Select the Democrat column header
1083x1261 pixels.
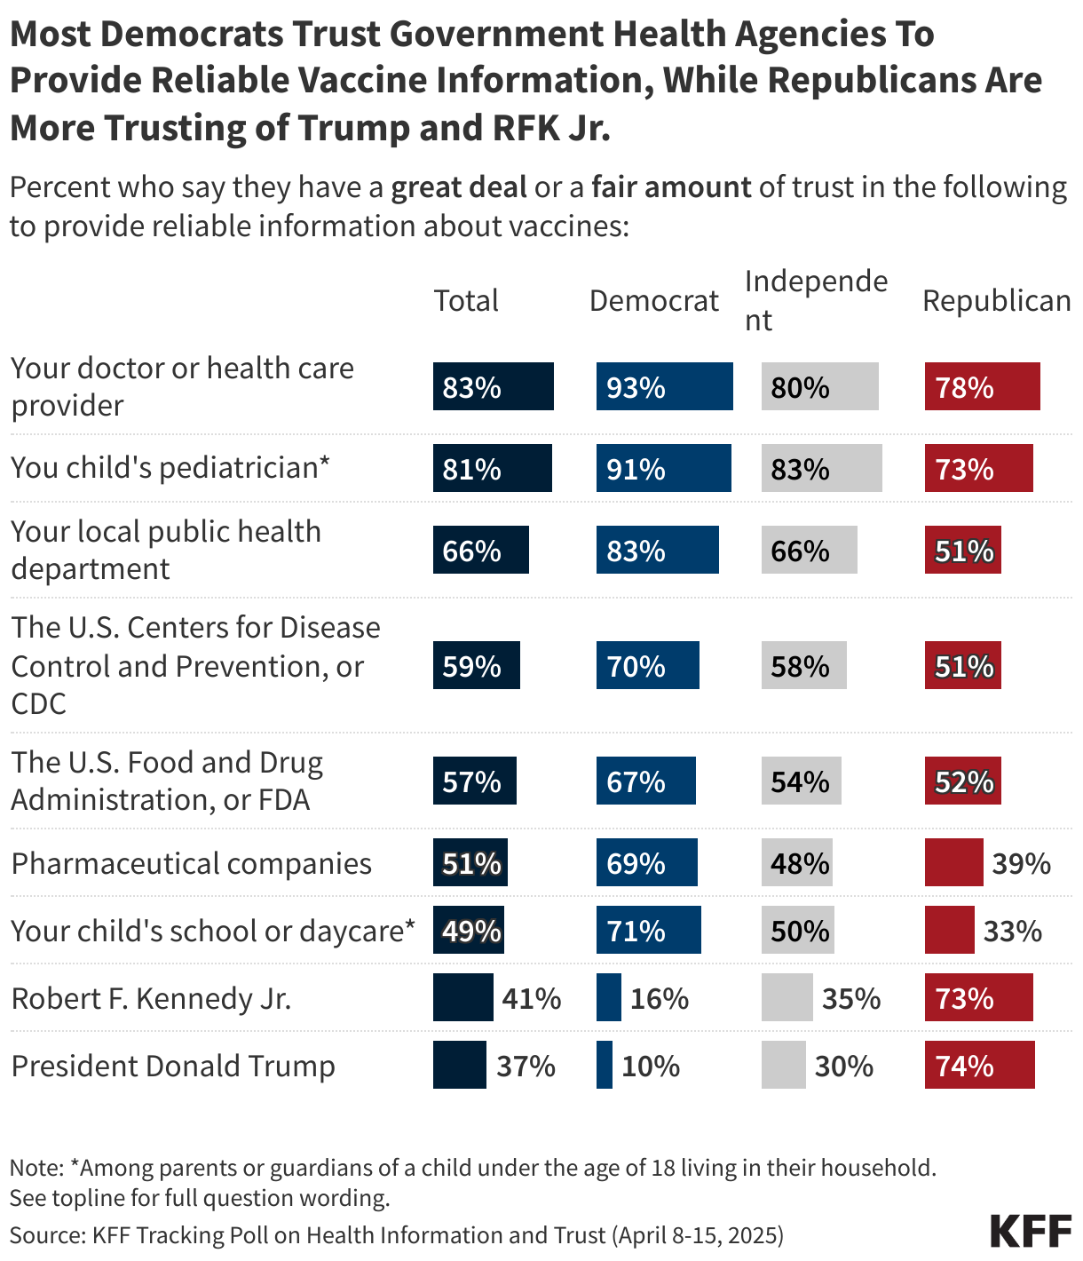tap(653, 301)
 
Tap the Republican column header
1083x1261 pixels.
tap(996, 301)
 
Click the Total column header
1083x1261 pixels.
tap(466, 301)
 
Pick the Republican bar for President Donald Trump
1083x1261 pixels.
tap(979, 1065)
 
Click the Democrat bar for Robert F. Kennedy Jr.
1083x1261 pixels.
tap(608, 997)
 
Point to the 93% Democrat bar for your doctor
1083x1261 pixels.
tap(664, 386)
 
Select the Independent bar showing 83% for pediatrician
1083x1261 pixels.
tap(821, 468)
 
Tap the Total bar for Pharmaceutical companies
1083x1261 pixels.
tap(470, 862)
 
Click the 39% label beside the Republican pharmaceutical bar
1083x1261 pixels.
tap(1021, 863)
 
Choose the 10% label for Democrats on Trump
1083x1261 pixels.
tap(651, 1066)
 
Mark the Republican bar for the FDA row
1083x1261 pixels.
tap(962, 781)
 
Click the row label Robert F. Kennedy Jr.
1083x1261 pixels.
tap(151, 998)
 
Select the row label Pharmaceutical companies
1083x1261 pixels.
tap(191, 863)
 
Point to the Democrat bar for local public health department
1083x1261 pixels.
tap(657, 550)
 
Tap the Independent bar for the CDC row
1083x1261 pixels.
tap(803, 665)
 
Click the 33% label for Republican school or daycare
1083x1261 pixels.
tap(1012, 931)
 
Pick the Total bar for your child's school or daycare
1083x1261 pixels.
tap(469, 930)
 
